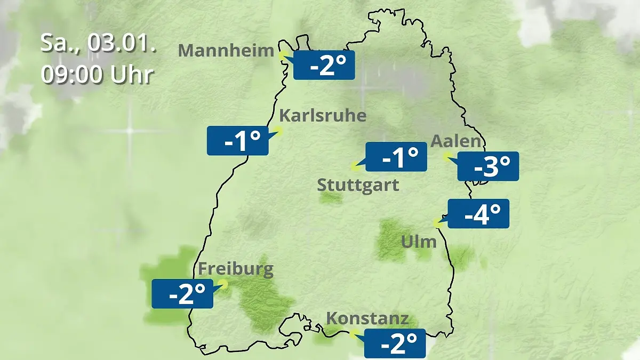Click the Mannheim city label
coord(226,51)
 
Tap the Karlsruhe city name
coord(323,116)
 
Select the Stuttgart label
coord(358,186)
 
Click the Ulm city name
coord(419,242)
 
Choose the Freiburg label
coord(236,268)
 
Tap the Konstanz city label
coord(367,319)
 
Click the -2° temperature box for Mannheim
coord(324,65)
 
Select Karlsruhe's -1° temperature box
coord(238,141)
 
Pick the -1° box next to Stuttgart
coord(396,157)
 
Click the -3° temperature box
coord(488,166)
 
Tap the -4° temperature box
coord(478,214)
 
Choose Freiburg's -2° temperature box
coord(182,293)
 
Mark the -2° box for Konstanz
coord(395,343)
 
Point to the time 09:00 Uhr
coord(98,75)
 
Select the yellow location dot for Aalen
coord(447,156)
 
